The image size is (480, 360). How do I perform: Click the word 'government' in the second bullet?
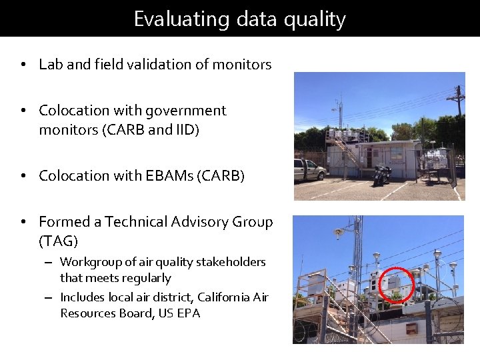point(186,111)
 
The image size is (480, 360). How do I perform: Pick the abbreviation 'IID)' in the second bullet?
point(186,130)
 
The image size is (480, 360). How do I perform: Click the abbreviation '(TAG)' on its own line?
point(59,241)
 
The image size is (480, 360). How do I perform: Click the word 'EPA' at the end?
point(188,313)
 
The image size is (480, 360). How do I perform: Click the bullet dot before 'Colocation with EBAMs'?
point(23,177)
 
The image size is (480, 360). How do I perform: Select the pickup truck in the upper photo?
point(309,170)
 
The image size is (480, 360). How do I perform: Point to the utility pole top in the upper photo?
point(457,93)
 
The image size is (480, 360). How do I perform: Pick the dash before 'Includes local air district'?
point(49,297)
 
